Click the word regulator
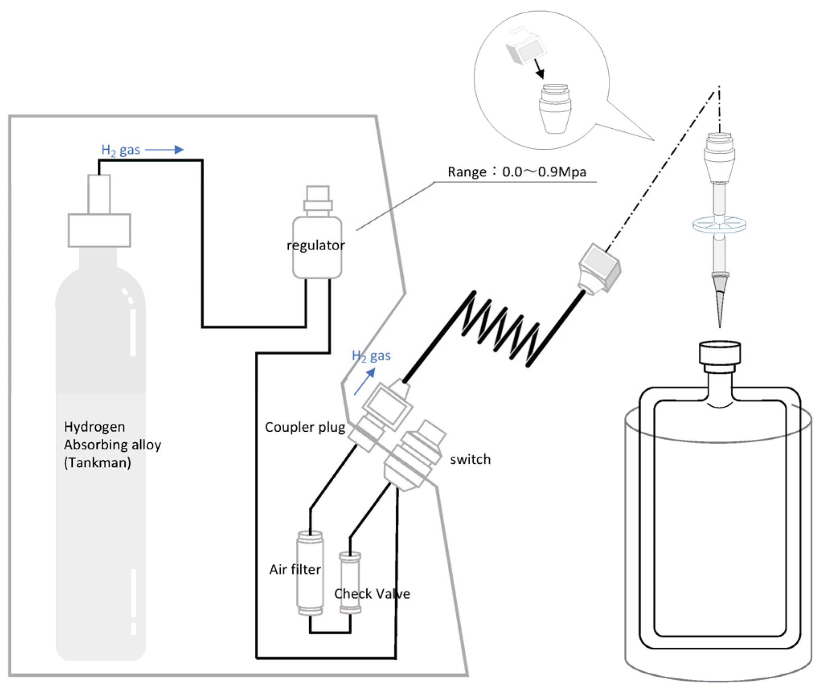click(316, 245)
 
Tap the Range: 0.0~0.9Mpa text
click(517, 172)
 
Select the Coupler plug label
click(305, 427)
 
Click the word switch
click(470, 459)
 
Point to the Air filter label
click(295, 569)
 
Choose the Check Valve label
click(372, 593)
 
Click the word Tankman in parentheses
click(98, 463)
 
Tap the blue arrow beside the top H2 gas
click(164, 150)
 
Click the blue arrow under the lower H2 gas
click(365, 381)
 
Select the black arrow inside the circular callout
click(538, 68)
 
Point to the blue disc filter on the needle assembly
click(719, 225)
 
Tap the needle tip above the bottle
click(720, 327)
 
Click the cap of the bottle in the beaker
click(720, 353)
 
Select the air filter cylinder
click(310, 573)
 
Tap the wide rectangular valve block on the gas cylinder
click(99, 230)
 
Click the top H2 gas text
click(121, 150)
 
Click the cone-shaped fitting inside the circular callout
click(555, 109)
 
